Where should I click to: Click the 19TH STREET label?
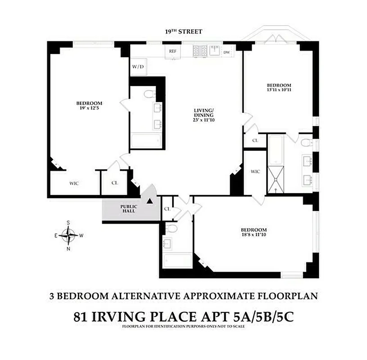[x=183, y=31]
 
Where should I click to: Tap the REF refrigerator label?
[x=172, y=51]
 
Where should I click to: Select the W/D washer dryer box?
[x=138, y=67]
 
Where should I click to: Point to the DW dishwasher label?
[x=227, y=52]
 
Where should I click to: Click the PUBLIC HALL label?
[x=128, y=209]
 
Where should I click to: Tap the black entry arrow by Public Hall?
[x=150, y=201]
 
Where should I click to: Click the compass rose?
[x=68, y=234]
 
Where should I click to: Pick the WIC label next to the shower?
[x=255, y=171]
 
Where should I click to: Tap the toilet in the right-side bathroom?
[x=306, y=144]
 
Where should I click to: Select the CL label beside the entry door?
[x=167, y=209]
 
